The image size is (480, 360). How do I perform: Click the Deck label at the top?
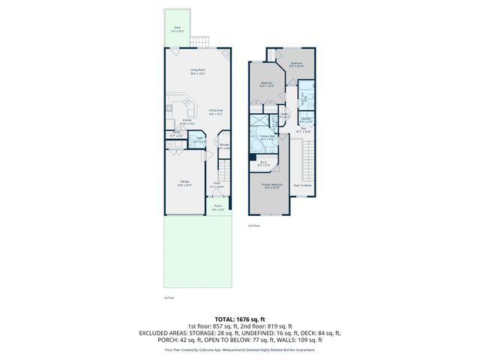pos(177,31)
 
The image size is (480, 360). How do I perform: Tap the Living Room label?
pos(197,72)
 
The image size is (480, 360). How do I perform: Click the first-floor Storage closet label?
pos(224,145)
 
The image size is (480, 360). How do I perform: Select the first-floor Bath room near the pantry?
pos(200,140)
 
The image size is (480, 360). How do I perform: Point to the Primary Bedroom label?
pos(271,185)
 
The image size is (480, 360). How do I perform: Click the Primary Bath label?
pos(268,138)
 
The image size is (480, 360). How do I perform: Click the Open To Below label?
pos(301,185)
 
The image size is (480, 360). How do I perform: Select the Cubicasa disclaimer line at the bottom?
pos(240,349)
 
